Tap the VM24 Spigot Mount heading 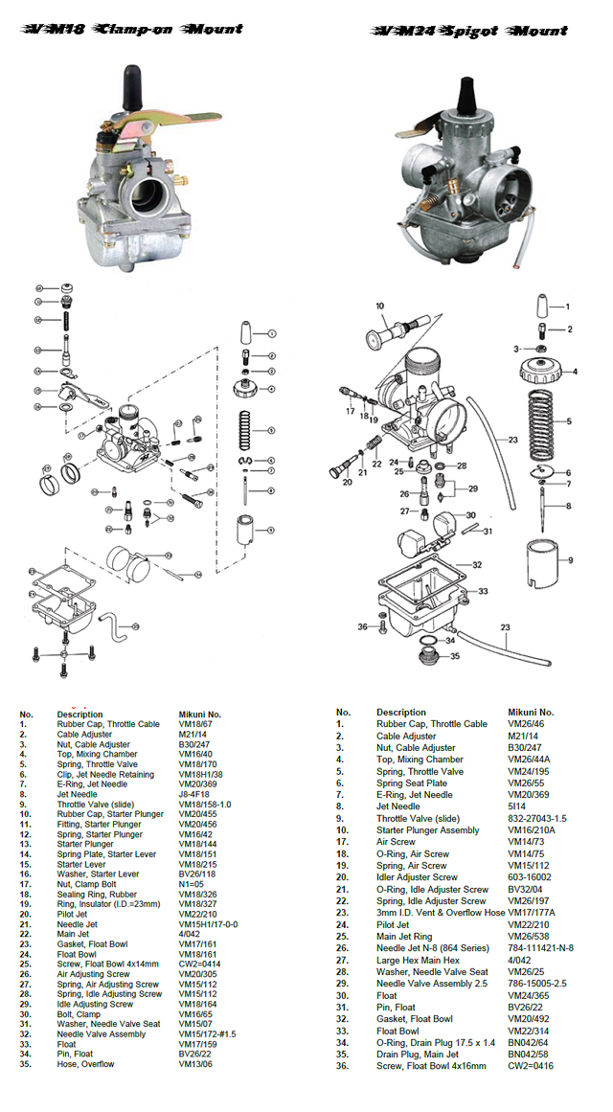(x=470, y=32)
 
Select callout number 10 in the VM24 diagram (x=379, y=306)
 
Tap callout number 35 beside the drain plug (x=455, y=656)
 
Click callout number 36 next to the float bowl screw (x=363, y=627)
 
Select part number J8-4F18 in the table (x=197, y=794)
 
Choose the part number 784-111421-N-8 (x=540, y=947)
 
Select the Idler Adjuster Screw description (x=417, y=877)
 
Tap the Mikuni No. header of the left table (x=200, y=715)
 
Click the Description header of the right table (x=401, y=713)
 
